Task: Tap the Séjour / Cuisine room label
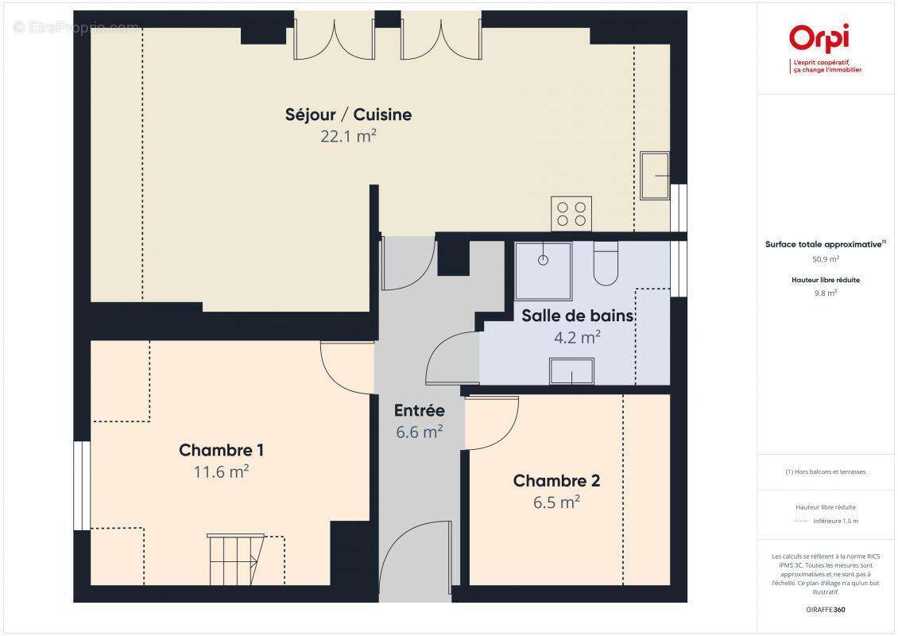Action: (x=348, y=114)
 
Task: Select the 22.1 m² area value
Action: (x=348, y=136)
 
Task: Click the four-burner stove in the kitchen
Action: (x=571, y=213)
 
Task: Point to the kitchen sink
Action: (x=655, y=175)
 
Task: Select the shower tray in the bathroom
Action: (x=543, y=260)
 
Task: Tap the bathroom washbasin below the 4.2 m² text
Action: (x=571, y=371)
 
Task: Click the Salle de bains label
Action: (x=577, y=316)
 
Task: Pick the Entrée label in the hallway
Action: (x=419, y=411)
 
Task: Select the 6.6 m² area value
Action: (x=419, y=432)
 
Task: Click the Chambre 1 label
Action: (x=221, y=450)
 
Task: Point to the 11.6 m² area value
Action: (x=221, y=471)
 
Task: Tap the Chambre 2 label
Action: (x=556, y=481)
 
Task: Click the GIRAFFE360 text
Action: (x=826, y=610)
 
